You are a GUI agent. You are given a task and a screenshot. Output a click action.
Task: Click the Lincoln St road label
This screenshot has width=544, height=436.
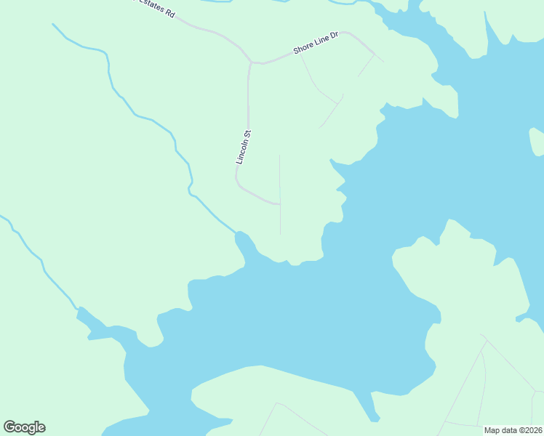(243, 147)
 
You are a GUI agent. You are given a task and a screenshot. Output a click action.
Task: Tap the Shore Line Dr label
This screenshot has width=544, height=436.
(316, 43)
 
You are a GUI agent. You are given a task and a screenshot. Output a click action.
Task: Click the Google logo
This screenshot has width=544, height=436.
(24, 427)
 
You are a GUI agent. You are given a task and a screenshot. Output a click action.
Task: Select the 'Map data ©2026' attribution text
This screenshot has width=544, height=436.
(513, 430)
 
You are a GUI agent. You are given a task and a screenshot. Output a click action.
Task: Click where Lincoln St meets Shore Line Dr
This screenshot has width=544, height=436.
(251, 62)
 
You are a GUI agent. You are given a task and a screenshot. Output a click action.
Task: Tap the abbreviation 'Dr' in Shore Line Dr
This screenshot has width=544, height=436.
(335, 36)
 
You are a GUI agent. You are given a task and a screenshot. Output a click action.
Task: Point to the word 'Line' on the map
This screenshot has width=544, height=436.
(320, 41)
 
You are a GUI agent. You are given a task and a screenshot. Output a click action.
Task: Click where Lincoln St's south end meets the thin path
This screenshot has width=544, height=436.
(280, 204)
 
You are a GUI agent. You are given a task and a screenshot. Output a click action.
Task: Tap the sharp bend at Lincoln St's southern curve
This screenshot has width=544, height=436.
(237, 182)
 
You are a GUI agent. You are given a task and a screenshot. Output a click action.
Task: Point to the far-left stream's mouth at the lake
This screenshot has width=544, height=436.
(78, 309)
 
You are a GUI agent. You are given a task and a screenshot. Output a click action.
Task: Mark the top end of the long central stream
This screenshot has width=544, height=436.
(53, 24)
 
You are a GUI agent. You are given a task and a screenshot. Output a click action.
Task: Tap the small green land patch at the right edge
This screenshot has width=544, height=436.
(537, 141)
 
